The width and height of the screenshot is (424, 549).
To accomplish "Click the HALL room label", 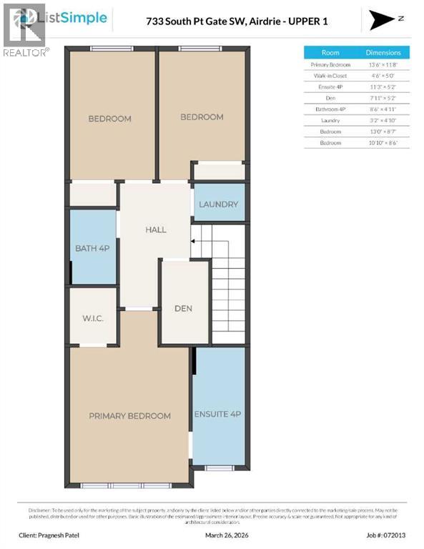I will [155, 229].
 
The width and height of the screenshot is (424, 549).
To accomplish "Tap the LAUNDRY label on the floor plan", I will [218, 204].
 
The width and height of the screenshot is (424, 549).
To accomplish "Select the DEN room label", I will [184, 308].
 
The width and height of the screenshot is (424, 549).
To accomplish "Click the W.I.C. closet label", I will [93, 318].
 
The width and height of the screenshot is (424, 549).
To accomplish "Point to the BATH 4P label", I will [93, 249].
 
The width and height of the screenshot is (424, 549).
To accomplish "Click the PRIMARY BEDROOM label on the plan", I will [129, 416].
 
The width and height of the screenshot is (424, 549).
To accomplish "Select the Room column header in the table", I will [330, 53].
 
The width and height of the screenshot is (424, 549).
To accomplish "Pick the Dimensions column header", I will [383, 53].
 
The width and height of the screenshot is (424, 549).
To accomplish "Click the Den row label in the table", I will [330, 98].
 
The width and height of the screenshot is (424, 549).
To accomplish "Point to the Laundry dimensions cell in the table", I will [383, 121].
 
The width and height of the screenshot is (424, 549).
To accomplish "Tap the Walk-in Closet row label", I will [330, 76].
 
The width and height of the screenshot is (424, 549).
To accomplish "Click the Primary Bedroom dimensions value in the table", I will [383, 64].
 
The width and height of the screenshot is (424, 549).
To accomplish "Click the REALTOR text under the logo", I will [26, 52].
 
